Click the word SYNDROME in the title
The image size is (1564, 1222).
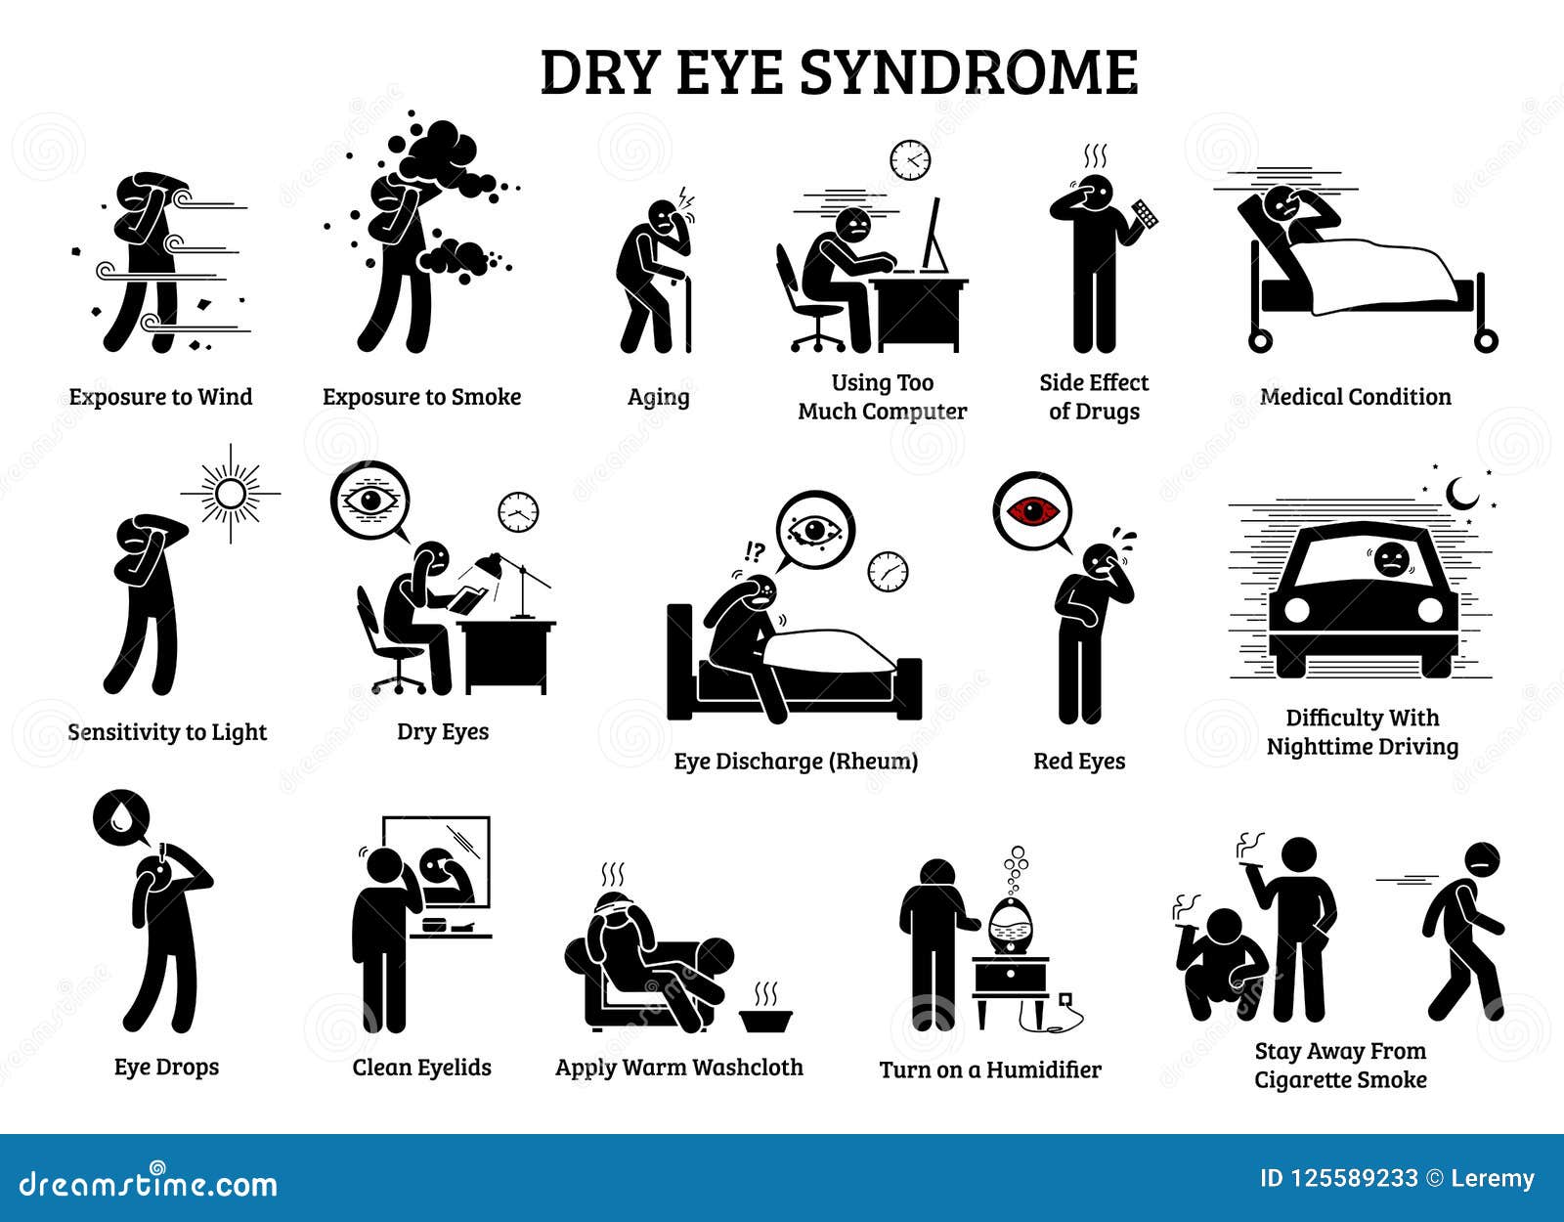click(968, 72)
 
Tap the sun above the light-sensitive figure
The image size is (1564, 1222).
click(231, 494)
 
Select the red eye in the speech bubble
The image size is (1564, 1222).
click(1032, 510)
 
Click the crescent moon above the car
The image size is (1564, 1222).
click(1461, 494)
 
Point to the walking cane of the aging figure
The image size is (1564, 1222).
click(688, 313)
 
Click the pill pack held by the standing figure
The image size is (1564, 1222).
click(1145, 214)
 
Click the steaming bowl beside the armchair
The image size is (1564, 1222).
click(765, 1017)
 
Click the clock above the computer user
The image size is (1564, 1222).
click(910, 159)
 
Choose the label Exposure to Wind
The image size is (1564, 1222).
click(160, 397)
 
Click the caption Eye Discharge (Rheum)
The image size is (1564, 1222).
click(796, 762)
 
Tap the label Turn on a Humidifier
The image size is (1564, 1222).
click(989, 1070)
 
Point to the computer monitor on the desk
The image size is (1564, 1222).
click(934, 235)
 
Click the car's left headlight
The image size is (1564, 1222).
click(1295, 609)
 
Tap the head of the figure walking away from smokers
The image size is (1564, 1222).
click(1482, 860)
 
